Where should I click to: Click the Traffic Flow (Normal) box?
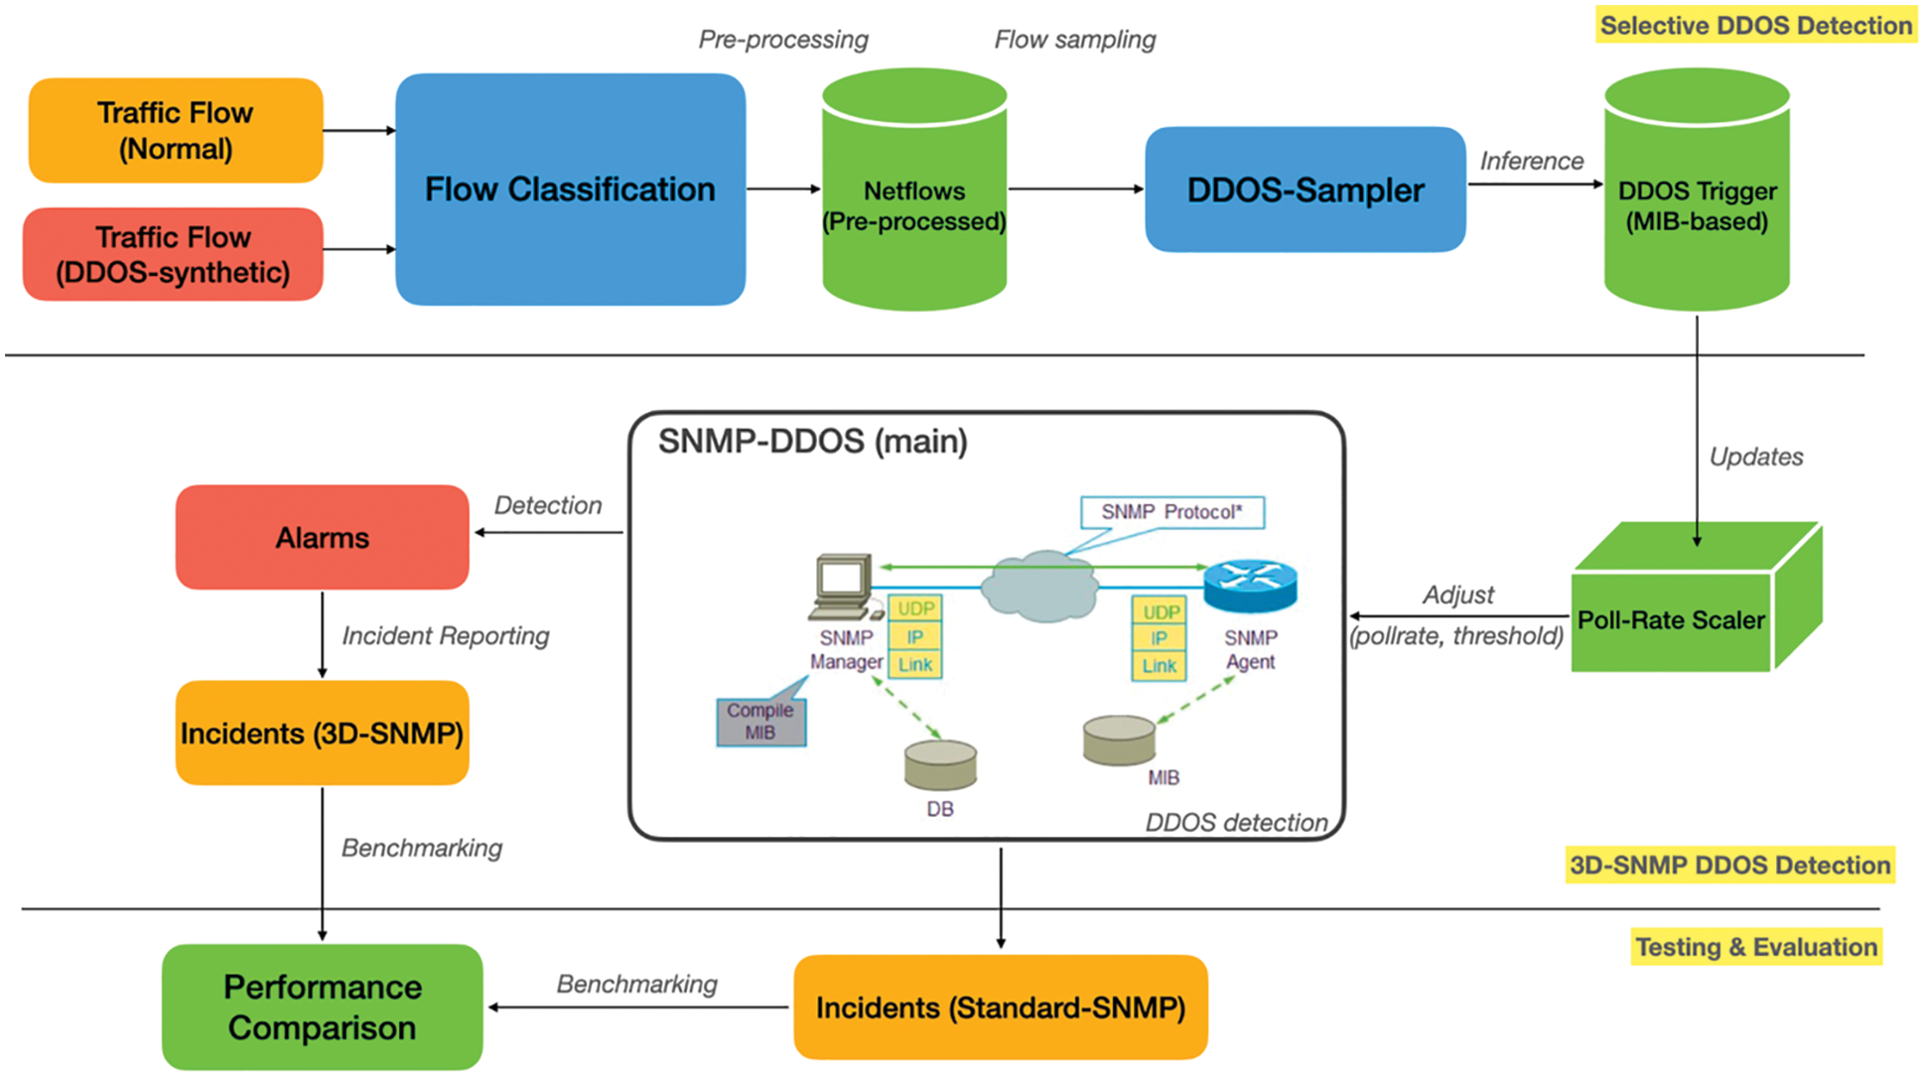176,130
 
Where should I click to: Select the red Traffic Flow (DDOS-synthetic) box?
174,254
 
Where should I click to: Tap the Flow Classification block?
570,189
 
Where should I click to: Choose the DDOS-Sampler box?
1305,190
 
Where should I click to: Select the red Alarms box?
322,537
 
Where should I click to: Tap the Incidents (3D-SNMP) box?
322,733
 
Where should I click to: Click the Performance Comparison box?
322,1007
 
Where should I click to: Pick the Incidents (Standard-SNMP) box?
1000,1008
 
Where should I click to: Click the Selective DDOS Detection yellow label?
1755,26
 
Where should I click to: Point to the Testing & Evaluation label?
1755,947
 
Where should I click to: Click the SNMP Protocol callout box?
1171,512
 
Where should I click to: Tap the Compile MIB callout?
760,722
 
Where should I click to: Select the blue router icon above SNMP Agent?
1250,585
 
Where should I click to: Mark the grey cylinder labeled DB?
940,765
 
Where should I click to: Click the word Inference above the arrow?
1531,161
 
